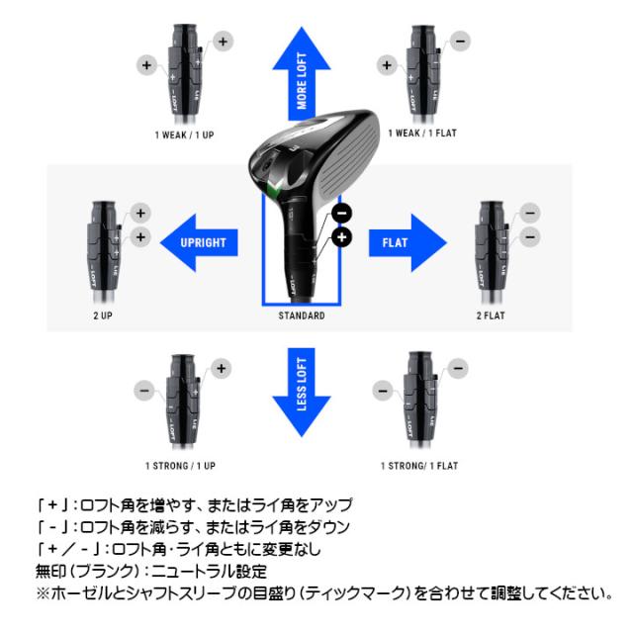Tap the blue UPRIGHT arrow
click(x=197, y=241)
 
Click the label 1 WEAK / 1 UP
click(x=184, y=133)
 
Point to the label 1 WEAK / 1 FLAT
click(x=421, y=133)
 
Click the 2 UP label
click(x=102, y=316)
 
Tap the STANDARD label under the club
click(x=303, y=316)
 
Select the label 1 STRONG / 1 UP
click(x=181, y=465)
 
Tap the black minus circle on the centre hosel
click(x=341, y=213)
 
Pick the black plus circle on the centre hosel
click(x=342, y=237)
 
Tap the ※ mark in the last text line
click(x=41, y=594)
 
